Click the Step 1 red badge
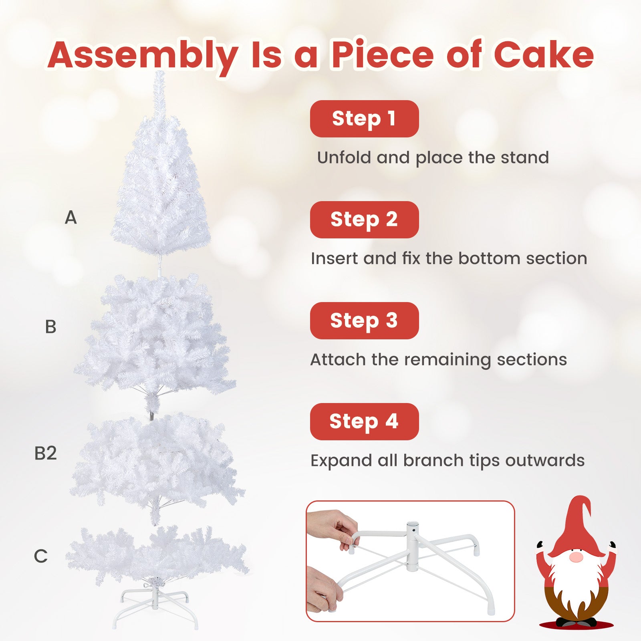click(x=364, y=119)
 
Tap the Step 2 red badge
click(x=364, y=220)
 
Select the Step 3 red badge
click(x=364, y=320)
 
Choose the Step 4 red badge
click(x=364, y=421)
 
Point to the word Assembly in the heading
click(x=143, y=56)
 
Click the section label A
click(x=71, y=218)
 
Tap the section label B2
click(x=45, y=453)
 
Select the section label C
click(x=40, y=556)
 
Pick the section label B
click(x=50, y=327)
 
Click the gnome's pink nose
click(x=576, y=557)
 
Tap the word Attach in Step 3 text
click(x=338, y=359)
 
